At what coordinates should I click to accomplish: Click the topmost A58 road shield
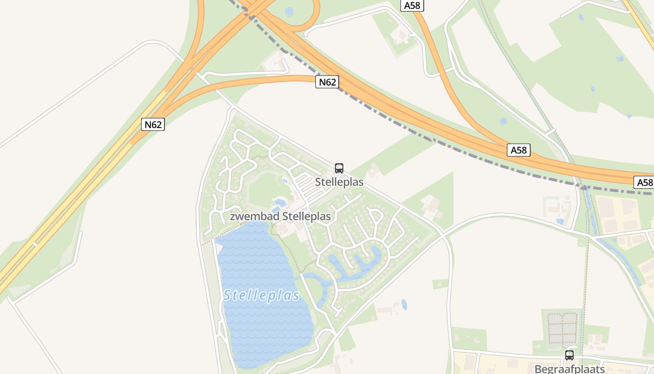click(x=412, y=6)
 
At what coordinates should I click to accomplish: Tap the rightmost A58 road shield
click(x=644, y=182)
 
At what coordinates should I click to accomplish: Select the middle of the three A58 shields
click(x=519, y=150)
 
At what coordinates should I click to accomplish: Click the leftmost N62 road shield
click(x=153, y=124)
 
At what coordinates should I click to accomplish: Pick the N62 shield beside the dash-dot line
click(x=327, y=82)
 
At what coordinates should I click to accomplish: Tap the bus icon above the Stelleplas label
click(x=339, y=168)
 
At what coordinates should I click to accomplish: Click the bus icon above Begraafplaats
click(x=569, y=355)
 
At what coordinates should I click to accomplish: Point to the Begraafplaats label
click(x=569, y=369)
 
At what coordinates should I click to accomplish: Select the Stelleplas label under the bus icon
click(x=339, y=182)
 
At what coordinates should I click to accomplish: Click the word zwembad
click(x=254, y=216)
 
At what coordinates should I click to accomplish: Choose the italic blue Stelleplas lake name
click(x=262, y=295)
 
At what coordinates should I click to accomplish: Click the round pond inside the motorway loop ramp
click(x=289, y=11)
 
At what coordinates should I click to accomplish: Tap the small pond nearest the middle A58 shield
click(x=503, y=121)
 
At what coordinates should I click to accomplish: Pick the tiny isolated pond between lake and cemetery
click(x=404, y=305)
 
